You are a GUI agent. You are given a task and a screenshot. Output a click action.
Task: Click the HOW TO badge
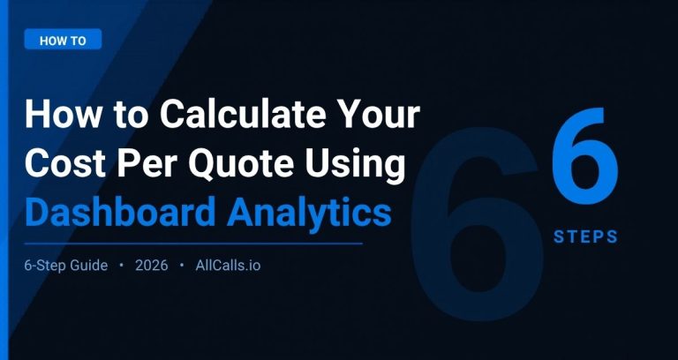[x=63, y=40]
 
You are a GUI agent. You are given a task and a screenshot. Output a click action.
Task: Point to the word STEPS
[x=585, y=236]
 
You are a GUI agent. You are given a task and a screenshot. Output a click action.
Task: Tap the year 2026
[x=152, y=266]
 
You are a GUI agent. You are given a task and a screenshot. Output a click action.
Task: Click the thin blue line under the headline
[x=193, y=243]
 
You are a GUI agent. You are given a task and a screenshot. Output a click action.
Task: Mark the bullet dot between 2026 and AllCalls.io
[x=182, y=266]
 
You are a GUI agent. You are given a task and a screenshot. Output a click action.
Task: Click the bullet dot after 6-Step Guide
[x=121, y=266]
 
